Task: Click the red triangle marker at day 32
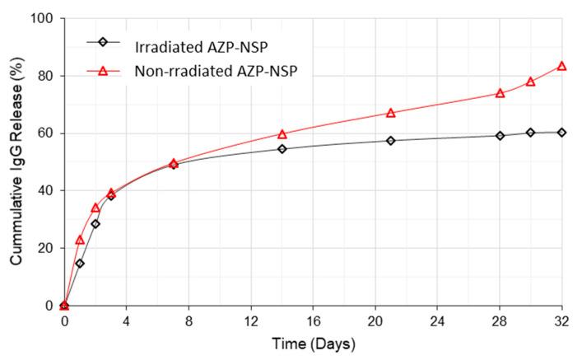(561, 66)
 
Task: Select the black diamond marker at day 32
(561, 133)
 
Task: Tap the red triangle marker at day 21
(390, 113)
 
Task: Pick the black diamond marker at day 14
(282, 149)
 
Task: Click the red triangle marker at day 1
(80, 240)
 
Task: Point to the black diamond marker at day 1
(80, 264)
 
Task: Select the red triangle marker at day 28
(500, 93)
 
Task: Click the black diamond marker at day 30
(530, 133)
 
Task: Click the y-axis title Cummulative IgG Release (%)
(16, 161)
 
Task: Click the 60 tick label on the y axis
(44, 133)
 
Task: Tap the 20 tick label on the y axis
(44, 248)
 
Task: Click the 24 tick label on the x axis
(437, 320)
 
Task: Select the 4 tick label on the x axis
(127, 320)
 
